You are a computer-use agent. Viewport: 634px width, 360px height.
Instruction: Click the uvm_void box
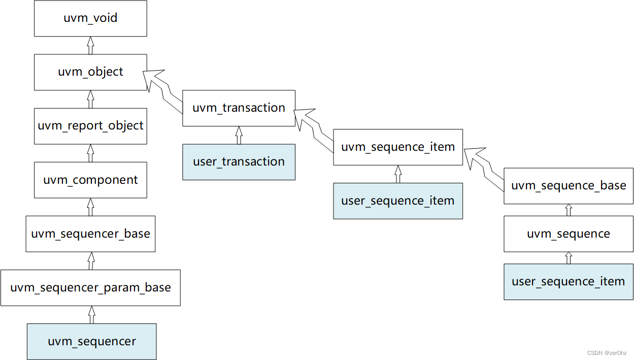pos(90,18)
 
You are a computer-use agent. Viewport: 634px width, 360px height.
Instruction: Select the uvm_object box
pos(90,72)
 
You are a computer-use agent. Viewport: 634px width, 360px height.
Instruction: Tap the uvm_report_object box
pos(90,126)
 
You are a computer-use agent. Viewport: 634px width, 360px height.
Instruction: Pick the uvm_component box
pos(90,180)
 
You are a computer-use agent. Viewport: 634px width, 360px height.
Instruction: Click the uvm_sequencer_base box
pos(90,234)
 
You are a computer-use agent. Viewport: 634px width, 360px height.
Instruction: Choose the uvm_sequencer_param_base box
pos(90,288)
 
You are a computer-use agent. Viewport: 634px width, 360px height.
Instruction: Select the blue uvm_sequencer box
pos(91,342)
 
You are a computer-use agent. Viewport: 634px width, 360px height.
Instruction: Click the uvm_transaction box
pos(239,108)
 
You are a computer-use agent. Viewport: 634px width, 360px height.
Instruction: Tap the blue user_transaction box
pos(239,162)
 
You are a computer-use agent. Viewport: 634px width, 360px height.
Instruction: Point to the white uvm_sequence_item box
pos(397,147)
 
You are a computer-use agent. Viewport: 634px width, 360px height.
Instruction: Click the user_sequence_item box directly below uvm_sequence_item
pos(397,201)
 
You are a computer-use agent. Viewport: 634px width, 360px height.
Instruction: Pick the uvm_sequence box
pos(568,234)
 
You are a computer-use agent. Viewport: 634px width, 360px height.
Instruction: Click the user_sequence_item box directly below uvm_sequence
pos(568,282)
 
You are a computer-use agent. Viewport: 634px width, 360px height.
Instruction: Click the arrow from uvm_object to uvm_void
pos(90,45)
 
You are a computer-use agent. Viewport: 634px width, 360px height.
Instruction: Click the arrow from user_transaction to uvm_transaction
pos(239,135)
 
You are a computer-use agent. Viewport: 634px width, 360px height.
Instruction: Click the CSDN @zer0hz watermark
pos(607,353)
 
